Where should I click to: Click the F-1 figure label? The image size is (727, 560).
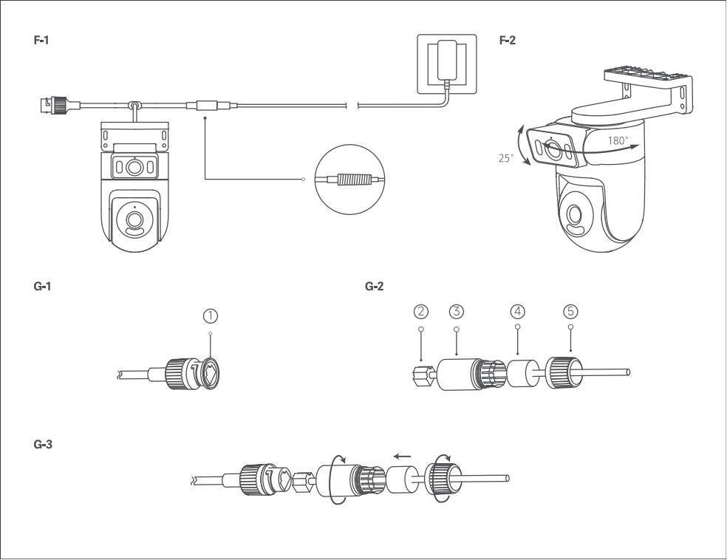point(41,41)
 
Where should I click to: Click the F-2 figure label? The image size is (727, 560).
point(508,41)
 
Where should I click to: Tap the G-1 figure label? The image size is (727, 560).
point(42,286)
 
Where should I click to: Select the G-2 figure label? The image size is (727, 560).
point(374,286)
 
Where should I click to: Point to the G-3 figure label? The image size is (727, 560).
point(43,445)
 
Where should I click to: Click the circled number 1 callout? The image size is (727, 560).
point(211,316)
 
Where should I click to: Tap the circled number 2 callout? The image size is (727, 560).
point(421,312)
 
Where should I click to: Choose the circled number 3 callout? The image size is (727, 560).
point(457,312)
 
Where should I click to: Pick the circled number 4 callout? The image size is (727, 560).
point(517,312)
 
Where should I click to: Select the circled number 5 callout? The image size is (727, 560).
point(571,312)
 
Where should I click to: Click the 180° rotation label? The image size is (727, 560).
point(618,140)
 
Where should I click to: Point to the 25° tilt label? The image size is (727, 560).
point(506,158)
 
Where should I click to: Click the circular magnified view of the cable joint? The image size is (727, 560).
point(350,180)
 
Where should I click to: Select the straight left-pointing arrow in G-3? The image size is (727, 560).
point(402,456)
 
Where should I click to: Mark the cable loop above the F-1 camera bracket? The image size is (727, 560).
point(135,106)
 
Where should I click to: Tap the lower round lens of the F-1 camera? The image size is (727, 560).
point(134,219)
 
